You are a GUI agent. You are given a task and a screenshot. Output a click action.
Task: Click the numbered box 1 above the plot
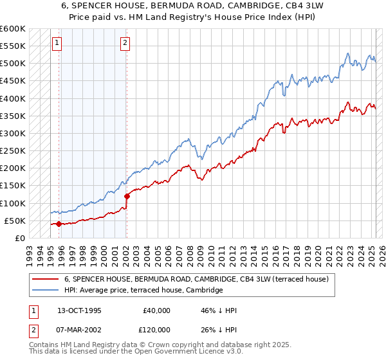57,43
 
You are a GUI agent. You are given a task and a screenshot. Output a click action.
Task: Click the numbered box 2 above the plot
125,43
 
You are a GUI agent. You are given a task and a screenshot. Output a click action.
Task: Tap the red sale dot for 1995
59,224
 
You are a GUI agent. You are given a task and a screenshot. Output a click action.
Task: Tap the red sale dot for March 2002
127,196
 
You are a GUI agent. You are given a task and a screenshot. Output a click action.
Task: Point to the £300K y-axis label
12,133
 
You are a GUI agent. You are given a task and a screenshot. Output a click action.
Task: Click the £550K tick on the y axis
12,46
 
